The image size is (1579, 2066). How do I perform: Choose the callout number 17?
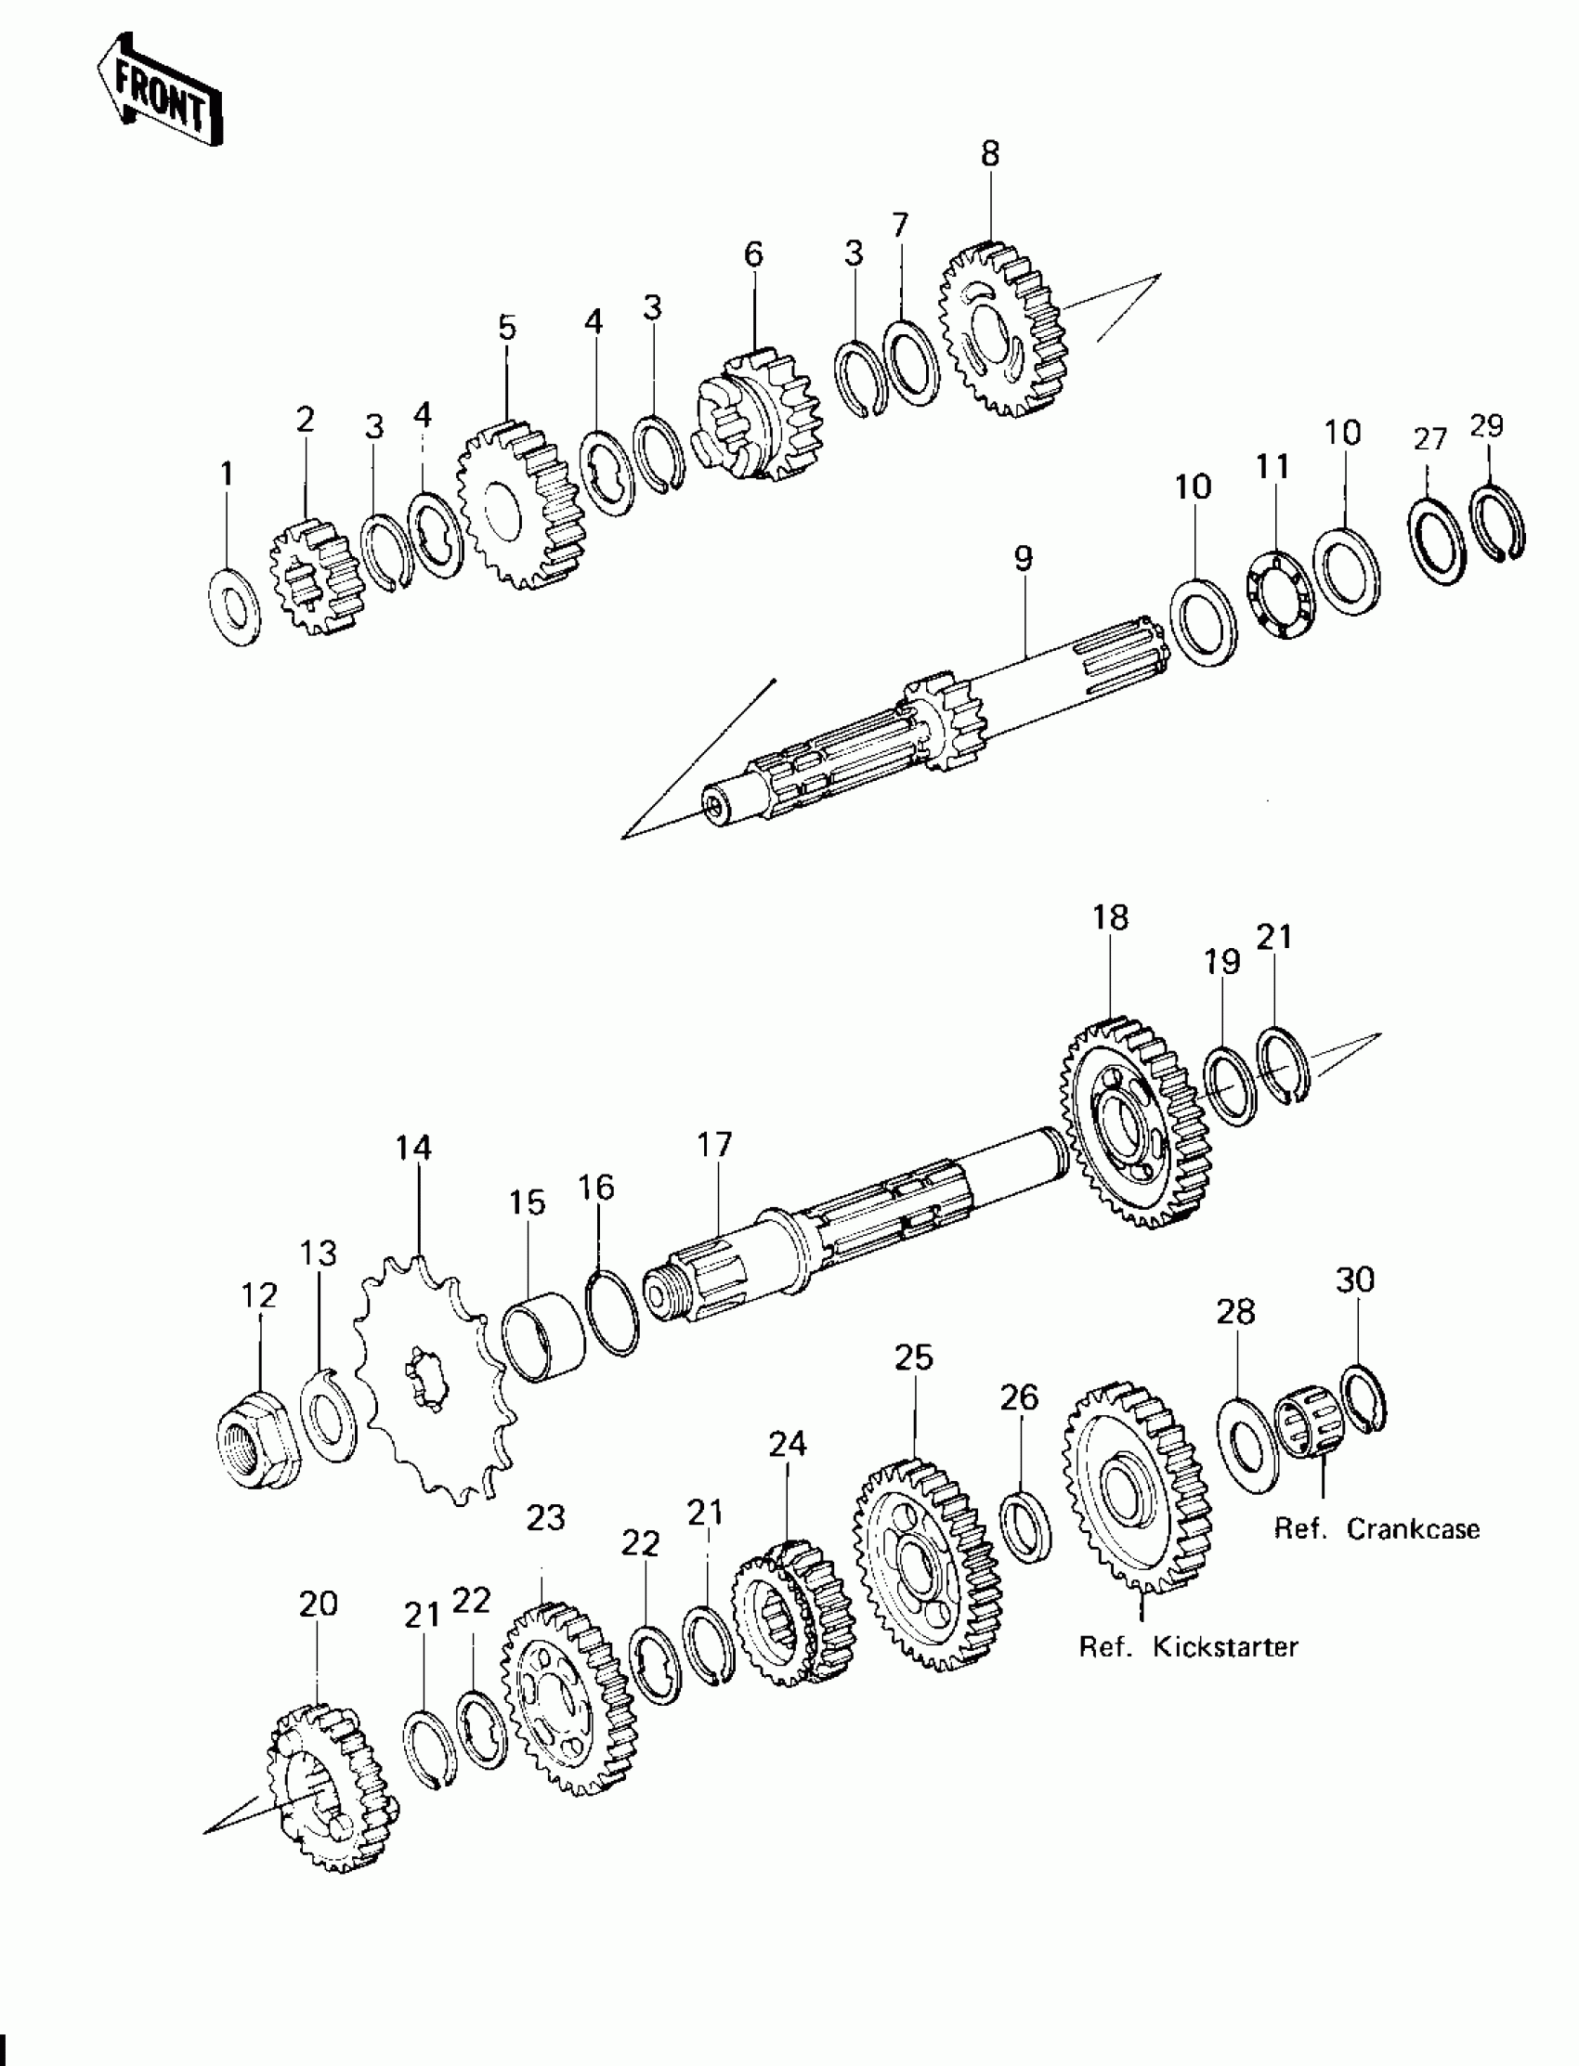pos(714,1144)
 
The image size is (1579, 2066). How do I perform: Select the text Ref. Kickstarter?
pos(1188,1647)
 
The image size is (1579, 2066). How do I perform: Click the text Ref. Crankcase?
pos(1376,1528)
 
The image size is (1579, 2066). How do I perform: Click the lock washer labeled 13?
pos(328,1418)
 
